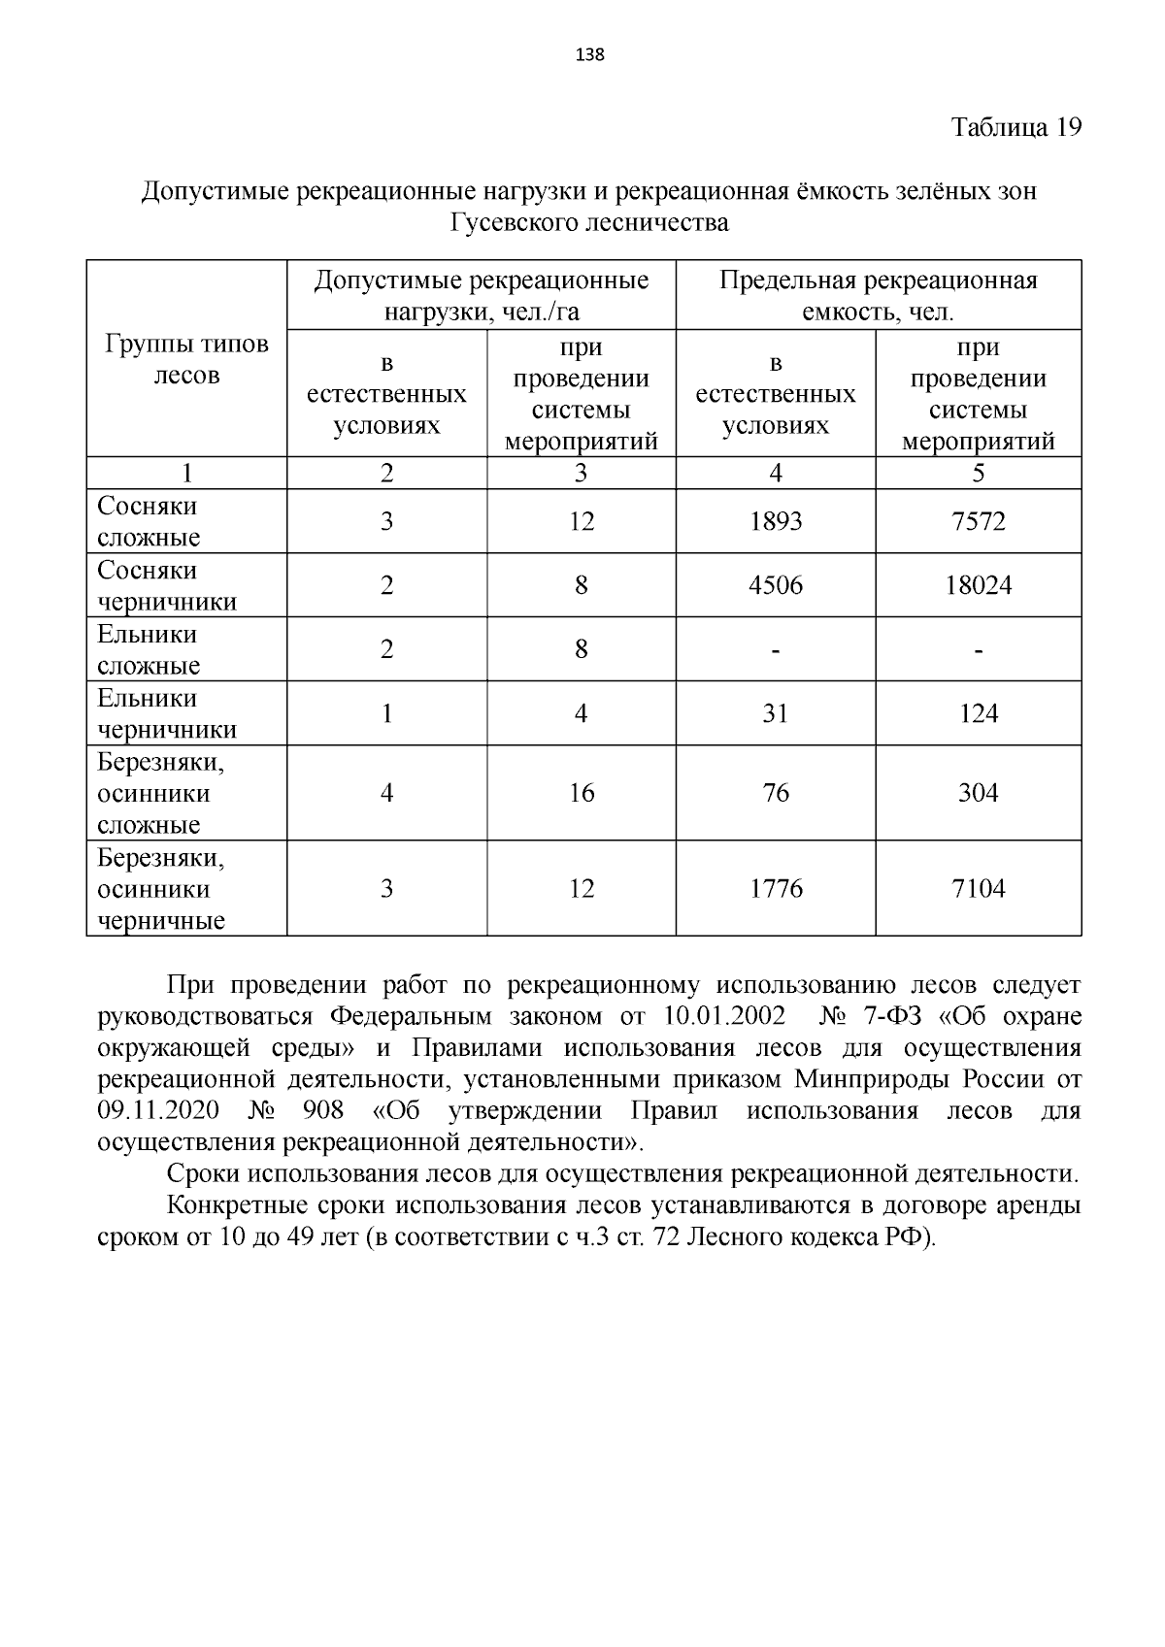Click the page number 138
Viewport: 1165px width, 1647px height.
pos(589,54)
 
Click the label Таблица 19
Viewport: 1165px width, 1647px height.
pos(1015,128)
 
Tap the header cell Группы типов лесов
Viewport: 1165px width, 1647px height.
pos(186,359)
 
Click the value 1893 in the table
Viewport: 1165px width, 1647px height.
pos(776,521)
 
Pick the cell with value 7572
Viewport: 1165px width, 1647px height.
pos(978,521)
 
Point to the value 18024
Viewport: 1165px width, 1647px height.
pos(978,585)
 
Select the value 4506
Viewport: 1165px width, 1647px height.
pos(776,585)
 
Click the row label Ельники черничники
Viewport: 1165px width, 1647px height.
pos(167,713)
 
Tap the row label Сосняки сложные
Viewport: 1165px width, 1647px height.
pos(149,521)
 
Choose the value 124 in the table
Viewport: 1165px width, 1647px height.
pos(978,713)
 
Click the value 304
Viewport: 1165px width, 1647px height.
pos(978,793)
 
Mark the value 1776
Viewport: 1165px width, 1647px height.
pos(776,888)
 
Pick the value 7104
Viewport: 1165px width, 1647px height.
pos(978,888)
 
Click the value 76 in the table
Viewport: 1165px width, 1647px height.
pos(776,793)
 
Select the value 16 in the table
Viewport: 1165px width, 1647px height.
pos(581,793)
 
